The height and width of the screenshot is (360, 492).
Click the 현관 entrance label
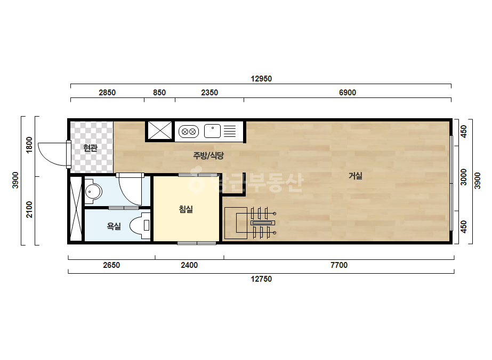(x=91, y=148)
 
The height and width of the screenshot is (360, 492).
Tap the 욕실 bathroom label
(x=114, y=226)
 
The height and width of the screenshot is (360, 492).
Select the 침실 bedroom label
(x=185, y=209)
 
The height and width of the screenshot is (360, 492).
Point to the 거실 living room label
(x=356, y=176)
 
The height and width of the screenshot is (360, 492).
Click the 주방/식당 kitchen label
(x=208, y=156)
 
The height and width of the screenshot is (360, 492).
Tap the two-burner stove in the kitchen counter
(x=189, y=132)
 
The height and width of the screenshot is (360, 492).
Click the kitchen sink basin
(x=213, y=131)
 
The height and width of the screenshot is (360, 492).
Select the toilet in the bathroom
(x=140, y=226)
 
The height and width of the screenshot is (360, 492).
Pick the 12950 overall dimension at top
(x=261, y=79)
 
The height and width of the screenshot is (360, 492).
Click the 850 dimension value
(x=159, y=93)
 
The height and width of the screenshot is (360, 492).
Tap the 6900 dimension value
(x=348, y=93)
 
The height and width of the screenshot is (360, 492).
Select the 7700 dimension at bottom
(x=339, y=265)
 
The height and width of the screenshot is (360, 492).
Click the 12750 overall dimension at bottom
(x=261, y=279)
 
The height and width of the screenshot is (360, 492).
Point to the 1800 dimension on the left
(x=29, y=145)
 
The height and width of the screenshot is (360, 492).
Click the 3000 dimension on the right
(x=463, y=177)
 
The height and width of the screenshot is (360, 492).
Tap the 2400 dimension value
(x=189, y=265)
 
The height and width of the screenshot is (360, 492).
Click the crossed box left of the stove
(x=160, y=130)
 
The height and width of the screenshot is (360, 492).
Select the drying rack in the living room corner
(x=251, y=223)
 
